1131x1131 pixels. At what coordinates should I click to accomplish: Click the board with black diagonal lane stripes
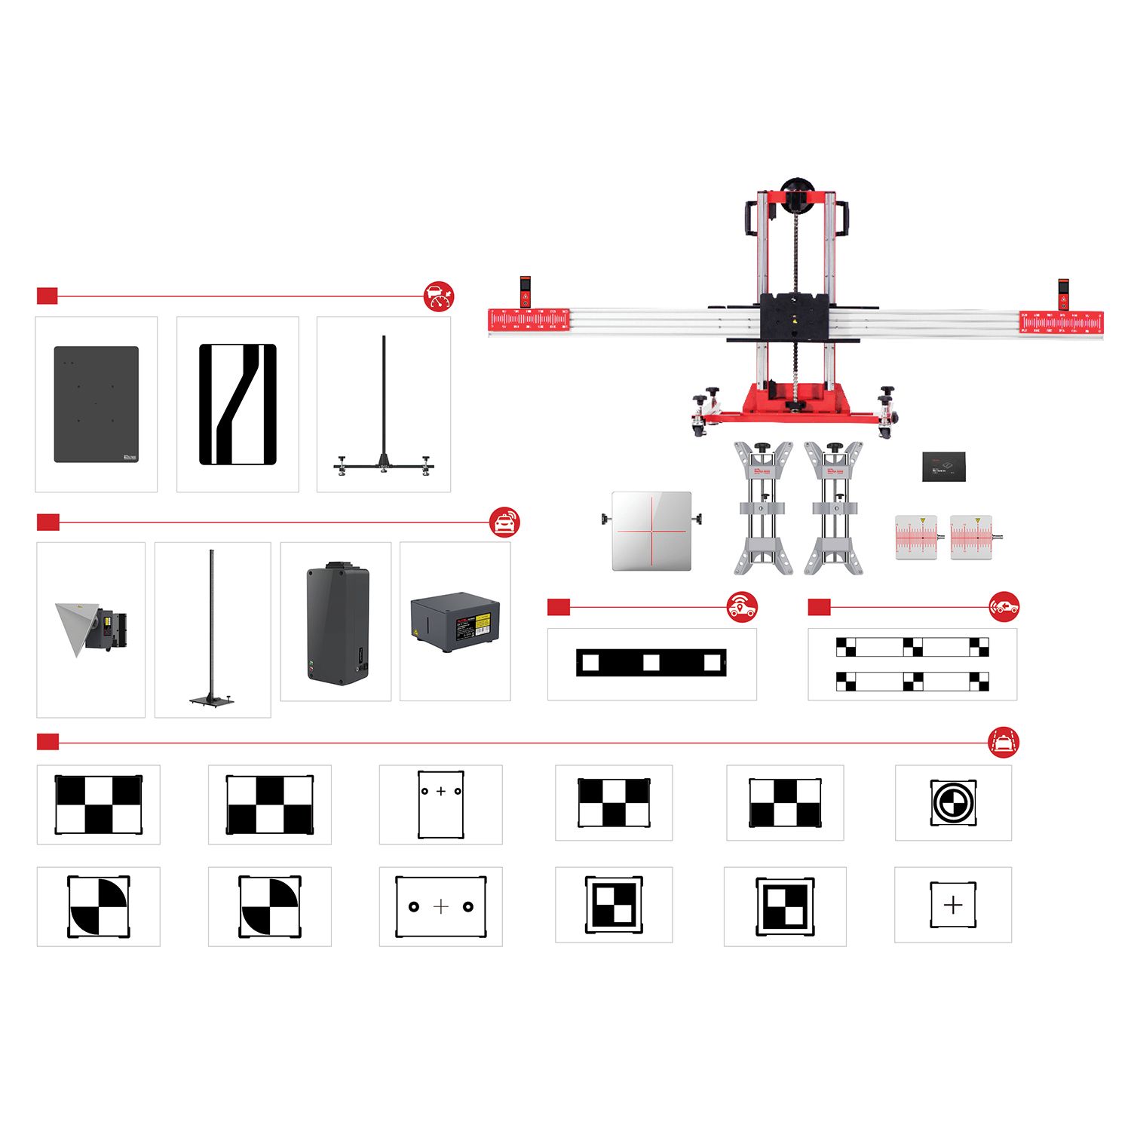click(x=238, y=404)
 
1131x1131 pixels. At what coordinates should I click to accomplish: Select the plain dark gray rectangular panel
click(x=97, y=404)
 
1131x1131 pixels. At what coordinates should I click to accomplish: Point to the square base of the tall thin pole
click(x=211, y=701)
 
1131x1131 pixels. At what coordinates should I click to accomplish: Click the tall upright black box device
click(x=338, y=624)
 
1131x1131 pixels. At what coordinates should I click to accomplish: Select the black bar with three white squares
click(x=651, y=663)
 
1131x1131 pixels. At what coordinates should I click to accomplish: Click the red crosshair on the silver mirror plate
click(x=651, y=531)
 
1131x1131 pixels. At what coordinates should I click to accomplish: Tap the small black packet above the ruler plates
click(x=943, y=467)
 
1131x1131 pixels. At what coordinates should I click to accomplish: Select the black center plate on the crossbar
click(x=795, y=317)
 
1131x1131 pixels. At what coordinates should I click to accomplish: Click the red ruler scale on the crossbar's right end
click(x=1061, y=322)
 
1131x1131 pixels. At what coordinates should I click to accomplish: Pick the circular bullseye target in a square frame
click(x=953, y=802)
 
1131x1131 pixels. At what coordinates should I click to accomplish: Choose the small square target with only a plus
click(x=953, y=905)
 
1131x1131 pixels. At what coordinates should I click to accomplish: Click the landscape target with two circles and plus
click(x=441, y=906)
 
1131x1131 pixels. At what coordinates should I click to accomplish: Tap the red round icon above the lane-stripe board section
click(x=439, y=296)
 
